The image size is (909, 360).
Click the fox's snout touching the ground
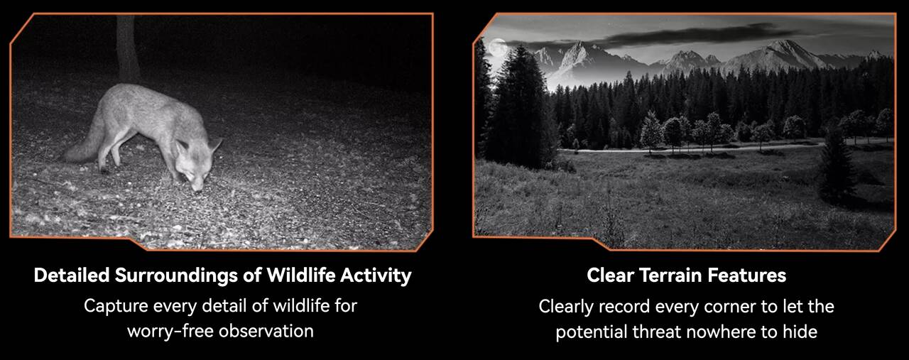tap(197, 185)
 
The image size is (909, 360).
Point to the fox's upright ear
tap(214, 144)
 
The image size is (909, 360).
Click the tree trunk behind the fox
tap(128, 48)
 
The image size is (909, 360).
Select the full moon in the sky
tap(498, 47)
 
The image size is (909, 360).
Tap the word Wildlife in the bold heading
tap(301, 276)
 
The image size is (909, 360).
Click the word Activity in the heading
tap(376, 276)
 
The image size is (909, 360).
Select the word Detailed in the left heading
tap(72, 276)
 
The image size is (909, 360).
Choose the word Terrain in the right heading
tap(672, 276)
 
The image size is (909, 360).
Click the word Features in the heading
tap(747, 276)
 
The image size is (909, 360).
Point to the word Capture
tap(116, 306)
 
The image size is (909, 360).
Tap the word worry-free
tap(170, 331)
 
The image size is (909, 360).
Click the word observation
tap(266, 331)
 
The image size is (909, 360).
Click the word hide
tap(800, 332)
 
